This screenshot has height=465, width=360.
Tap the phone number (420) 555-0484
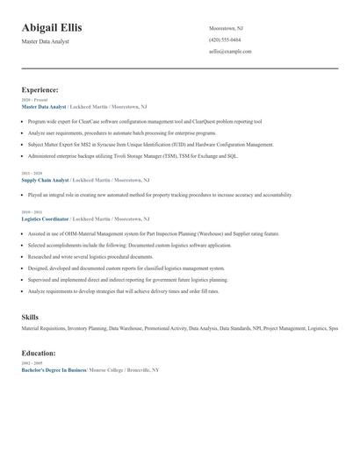point(225,39)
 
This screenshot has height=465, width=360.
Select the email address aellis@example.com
point(230,51)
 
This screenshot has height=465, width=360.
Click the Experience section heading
point(40,89)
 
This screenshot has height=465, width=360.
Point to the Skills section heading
point(30,316)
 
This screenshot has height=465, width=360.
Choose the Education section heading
point(39,353)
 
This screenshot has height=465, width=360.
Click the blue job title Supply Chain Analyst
point(44,179)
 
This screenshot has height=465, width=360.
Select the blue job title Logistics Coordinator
point(45,218)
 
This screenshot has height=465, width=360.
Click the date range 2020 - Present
point(35,100)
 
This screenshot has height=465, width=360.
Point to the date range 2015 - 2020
point(32,173)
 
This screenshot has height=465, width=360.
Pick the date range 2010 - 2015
point(32,211)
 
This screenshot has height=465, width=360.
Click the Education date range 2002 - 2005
point(32,362)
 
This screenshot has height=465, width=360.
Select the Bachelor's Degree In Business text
point(54,369)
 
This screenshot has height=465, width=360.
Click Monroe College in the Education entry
point(107,369)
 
